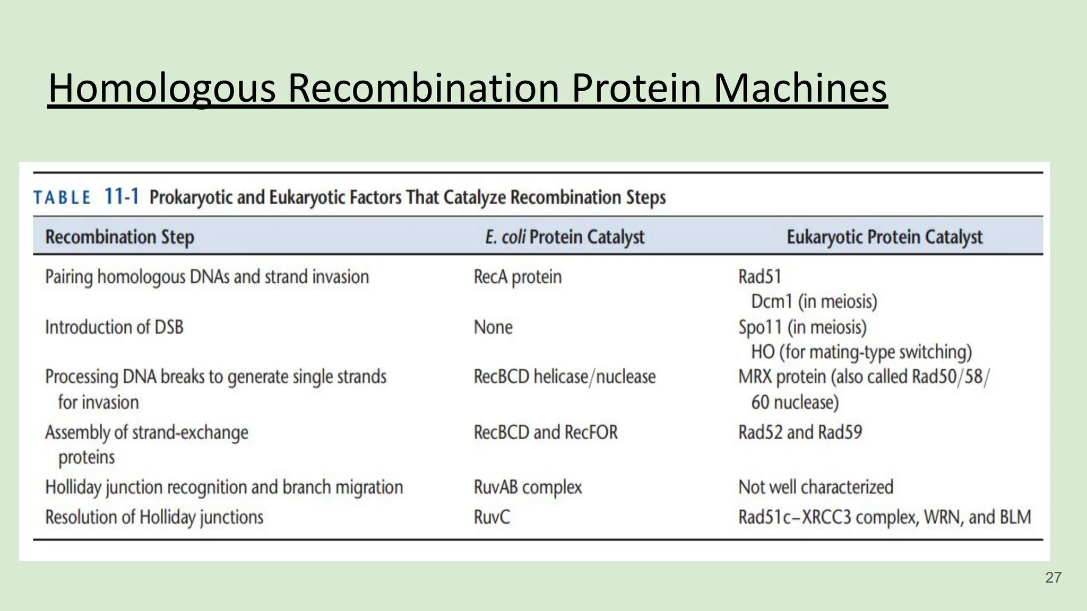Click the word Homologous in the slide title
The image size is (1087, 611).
point(162,88)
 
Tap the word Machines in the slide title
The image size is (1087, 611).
point(800,88)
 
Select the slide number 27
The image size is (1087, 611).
point(1053,578)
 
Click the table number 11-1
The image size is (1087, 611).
point(122,197)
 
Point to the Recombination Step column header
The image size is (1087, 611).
point(119,237)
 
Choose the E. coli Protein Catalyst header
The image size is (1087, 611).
point(565,237)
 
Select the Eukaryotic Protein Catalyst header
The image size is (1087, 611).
point(884,237)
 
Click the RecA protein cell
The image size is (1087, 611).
point(517,277)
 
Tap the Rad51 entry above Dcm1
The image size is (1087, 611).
point(760,277)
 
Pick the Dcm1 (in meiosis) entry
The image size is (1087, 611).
point(814,301)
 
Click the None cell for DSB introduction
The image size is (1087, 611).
point(493,327)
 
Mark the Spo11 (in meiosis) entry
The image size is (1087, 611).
point(802,327)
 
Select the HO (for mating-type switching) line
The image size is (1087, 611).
point(861,352)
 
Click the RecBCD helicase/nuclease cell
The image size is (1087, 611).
point(565,377)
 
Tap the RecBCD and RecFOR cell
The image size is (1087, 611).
point(546,432)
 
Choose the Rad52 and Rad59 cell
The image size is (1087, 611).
point(800,432)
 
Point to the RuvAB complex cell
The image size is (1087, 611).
point(528,487)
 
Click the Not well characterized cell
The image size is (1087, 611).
point(816,487)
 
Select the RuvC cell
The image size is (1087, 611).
point(491,517)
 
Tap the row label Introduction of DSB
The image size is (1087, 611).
point(114,327)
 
